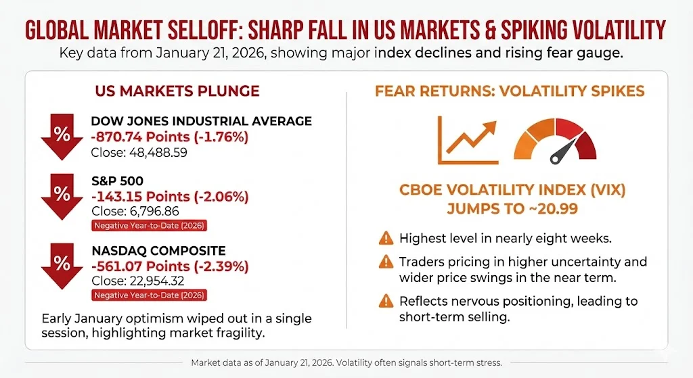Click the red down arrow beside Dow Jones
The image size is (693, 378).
click(62, 136)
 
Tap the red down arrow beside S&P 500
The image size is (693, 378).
click(62, 195)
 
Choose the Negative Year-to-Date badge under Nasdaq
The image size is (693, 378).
click(148, 295)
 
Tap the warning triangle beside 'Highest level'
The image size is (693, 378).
click(386, 238)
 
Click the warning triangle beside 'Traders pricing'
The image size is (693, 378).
click(386, 262)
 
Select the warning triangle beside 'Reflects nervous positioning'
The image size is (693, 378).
click(386, 302)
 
